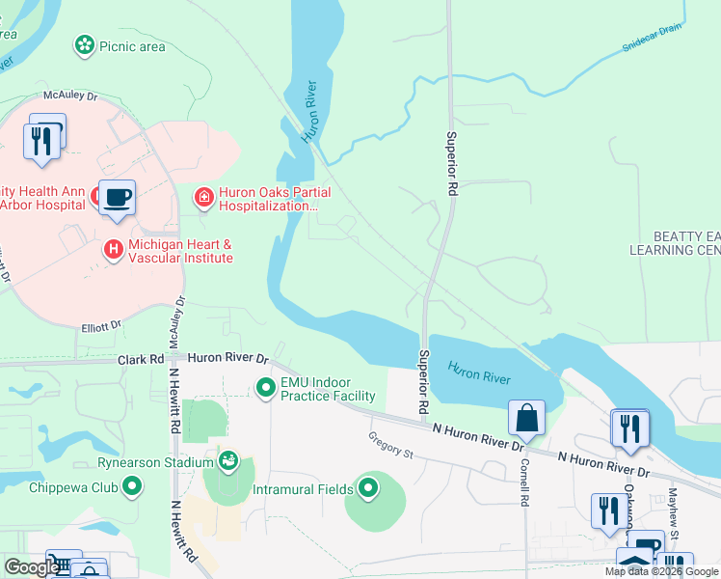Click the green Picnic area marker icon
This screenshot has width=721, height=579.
(85, 44)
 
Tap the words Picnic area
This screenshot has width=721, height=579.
(132, 44)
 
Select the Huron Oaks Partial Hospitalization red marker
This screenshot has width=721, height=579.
(203, 198)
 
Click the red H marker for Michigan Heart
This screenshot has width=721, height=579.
(114, 250)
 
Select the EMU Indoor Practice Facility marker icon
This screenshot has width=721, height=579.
(265, 388)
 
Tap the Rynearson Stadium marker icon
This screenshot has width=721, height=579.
(228, 458)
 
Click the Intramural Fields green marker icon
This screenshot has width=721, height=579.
(367, 489)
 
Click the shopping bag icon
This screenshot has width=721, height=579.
(526, 418)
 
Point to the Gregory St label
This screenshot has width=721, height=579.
(390, 445)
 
